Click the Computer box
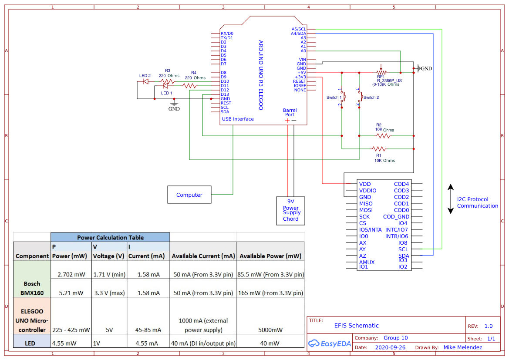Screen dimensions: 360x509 click(189, 195)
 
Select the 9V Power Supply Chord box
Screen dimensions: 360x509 click(291, 211)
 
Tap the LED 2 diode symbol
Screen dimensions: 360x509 click(146, 81)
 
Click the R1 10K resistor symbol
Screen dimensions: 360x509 click(378, 149)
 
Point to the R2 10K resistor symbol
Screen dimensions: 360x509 click(383, 136)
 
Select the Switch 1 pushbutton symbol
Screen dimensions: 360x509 click(343, 97)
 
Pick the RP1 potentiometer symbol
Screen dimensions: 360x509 click(381, 72)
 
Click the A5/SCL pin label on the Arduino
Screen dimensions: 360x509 click(299, 29)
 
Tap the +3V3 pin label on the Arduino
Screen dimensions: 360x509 click(300, 77)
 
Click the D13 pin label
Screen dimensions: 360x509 click(225, 94)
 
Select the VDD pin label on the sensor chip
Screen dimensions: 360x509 click(365, 184)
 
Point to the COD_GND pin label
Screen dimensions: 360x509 click(396, 217)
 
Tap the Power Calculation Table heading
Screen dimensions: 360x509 click(110, 237)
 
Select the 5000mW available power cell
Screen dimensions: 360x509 click(270, 330)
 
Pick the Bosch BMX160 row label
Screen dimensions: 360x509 click(32, 288)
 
